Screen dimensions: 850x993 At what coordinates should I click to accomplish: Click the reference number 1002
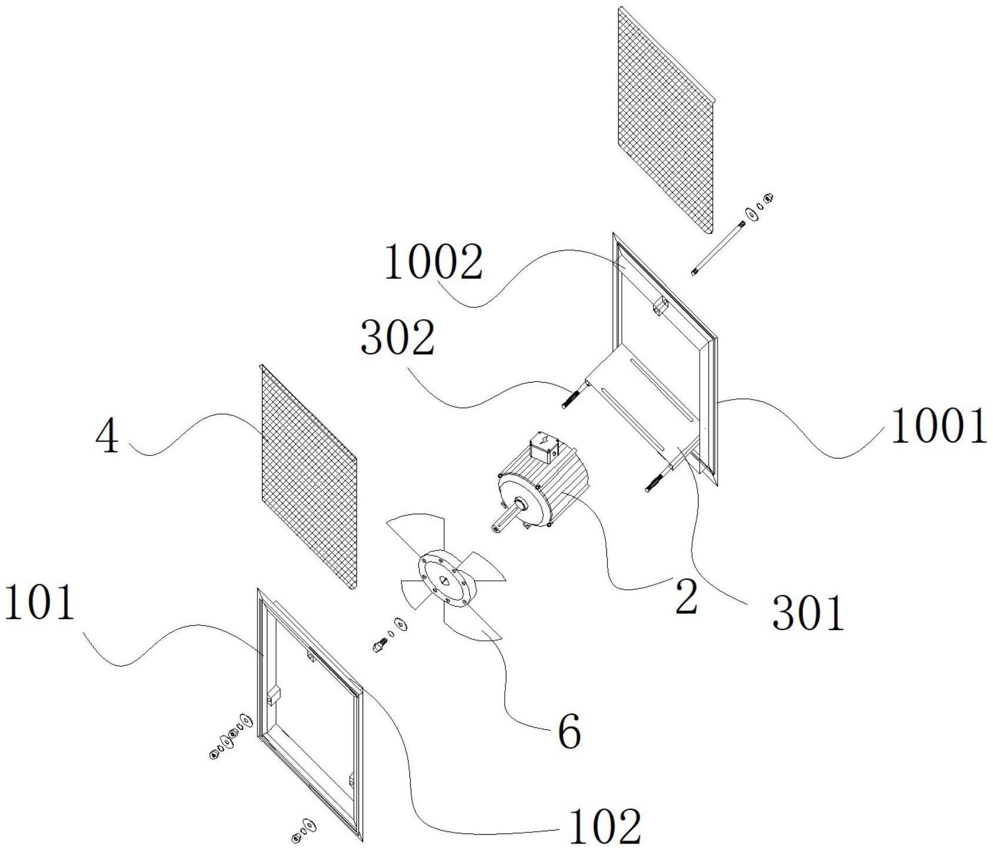click(433, 262)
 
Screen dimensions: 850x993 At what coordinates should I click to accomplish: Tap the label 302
click(398, 339)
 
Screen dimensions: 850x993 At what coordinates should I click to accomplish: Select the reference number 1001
click(938, 427)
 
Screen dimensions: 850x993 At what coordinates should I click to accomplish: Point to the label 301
click(808, 613)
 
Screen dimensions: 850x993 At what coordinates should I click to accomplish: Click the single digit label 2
click(686, 596)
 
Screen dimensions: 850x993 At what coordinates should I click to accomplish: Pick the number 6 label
click(568, 732)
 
